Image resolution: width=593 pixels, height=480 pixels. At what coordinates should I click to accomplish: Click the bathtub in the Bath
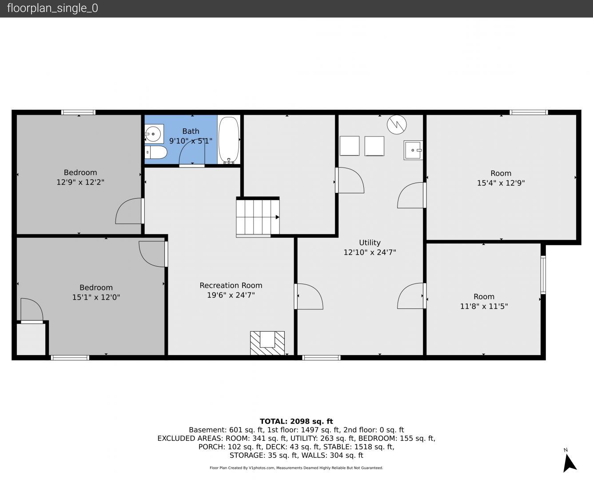pos(229,140)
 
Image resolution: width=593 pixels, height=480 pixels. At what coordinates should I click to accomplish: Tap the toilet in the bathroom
pos(156,152)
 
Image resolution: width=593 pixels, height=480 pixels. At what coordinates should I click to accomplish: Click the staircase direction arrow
pos(277,217)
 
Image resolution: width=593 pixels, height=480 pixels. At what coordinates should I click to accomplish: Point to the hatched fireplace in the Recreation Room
pos(267,343)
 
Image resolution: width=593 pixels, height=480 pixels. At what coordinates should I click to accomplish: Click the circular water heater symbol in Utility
pos(397,124)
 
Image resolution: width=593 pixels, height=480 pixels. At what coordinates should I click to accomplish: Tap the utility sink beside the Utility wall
pos(413,150)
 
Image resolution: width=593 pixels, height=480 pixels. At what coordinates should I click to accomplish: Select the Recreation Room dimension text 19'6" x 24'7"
pos(231,295)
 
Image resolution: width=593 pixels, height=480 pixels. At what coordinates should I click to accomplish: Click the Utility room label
pos(370,242)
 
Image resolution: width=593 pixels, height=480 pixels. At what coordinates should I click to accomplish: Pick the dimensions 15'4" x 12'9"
pos(501,183)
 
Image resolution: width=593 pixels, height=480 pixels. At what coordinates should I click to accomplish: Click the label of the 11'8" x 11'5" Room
pos(484,297)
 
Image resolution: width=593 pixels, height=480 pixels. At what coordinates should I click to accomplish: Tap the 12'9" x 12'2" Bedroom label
pos(80,172)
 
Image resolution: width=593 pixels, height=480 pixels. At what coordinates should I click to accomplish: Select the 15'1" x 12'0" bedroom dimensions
pos(96,297)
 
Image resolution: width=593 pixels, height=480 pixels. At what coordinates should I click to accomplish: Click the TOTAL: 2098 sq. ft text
pos(296,421)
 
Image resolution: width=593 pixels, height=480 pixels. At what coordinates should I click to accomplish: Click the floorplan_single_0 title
pos(52,8)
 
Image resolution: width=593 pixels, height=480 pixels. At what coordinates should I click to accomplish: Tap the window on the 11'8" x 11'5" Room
pos(543,275)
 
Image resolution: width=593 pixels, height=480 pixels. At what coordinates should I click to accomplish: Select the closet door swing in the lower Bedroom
pos(32,309)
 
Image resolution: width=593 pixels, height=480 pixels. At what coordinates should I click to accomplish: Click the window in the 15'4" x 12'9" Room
pos(529,112)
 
